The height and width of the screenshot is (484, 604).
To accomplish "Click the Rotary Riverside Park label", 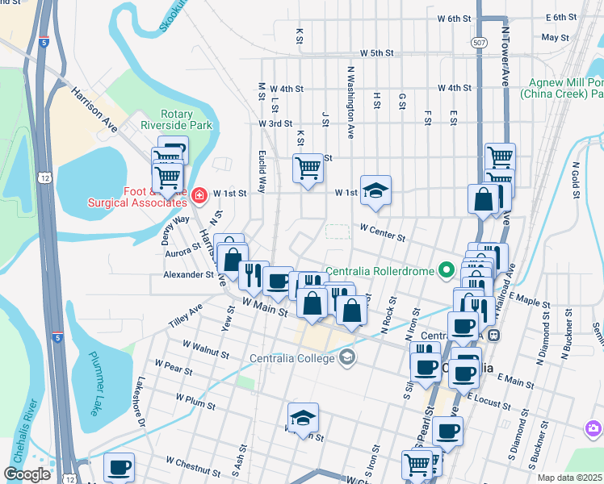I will point(176,119).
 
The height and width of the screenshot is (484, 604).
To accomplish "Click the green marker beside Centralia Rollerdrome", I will point(445,270).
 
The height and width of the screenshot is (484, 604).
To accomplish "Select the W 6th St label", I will point(454,18).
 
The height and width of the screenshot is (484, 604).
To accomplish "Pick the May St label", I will point(556,37).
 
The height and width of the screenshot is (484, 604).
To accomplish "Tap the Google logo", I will point(27,474).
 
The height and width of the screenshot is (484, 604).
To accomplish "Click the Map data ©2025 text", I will point(569,478).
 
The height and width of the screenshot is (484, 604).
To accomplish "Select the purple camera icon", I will point(594,427).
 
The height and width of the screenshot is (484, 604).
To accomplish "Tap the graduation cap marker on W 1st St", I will point(375,190).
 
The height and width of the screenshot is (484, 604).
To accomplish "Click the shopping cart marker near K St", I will point(307,169).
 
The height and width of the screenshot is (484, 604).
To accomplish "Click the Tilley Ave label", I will point(186,313).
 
